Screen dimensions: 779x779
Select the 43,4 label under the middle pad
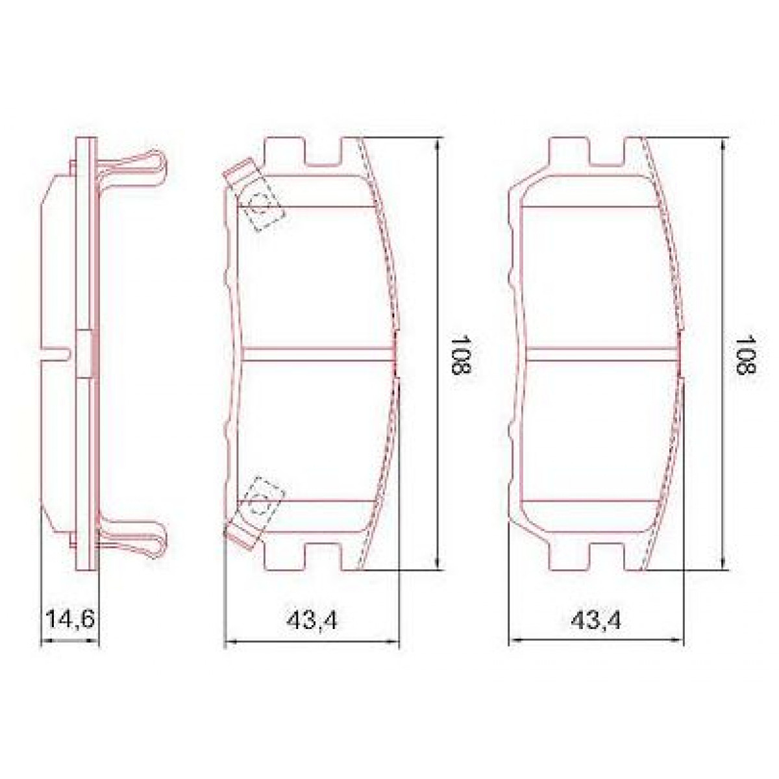[312, 621]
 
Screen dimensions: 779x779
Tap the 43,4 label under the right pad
[596, 621]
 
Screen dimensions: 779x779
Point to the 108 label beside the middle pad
[460, 354]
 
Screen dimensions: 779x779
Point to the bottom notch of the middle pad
[323, 556]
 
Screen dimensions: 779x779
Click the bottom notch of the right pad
[608, 556]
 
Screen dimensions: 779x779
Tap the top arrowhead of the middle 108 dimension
[438, 144]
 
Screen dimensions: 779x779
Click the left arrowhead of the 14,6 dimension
[44, 641]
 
